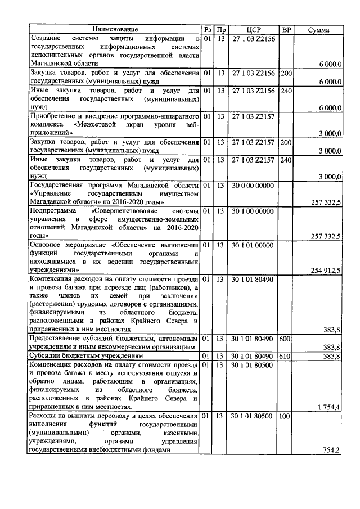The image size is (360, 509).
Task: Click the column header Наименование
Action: (x=115, y=29)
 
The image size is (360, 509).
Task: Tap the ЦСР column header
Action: (x=253, y=29)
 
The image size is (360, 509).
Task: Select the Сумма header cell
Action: (x=319, y=29)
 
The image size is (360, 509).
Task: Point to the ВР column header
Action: (x=286, y=29)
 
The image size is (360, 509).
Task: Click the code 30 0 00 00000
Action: (x=253, y=186)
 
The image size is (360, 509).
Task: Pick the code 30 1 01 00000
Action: (x=253, y=245)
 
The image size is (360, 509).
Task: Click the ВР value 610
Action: (x=286, y=357)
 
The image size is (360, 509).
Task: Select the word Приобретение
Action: (x=55, y=116)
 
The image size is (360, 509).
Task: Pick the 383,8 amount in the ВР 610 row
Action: (x=331, y=357)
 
